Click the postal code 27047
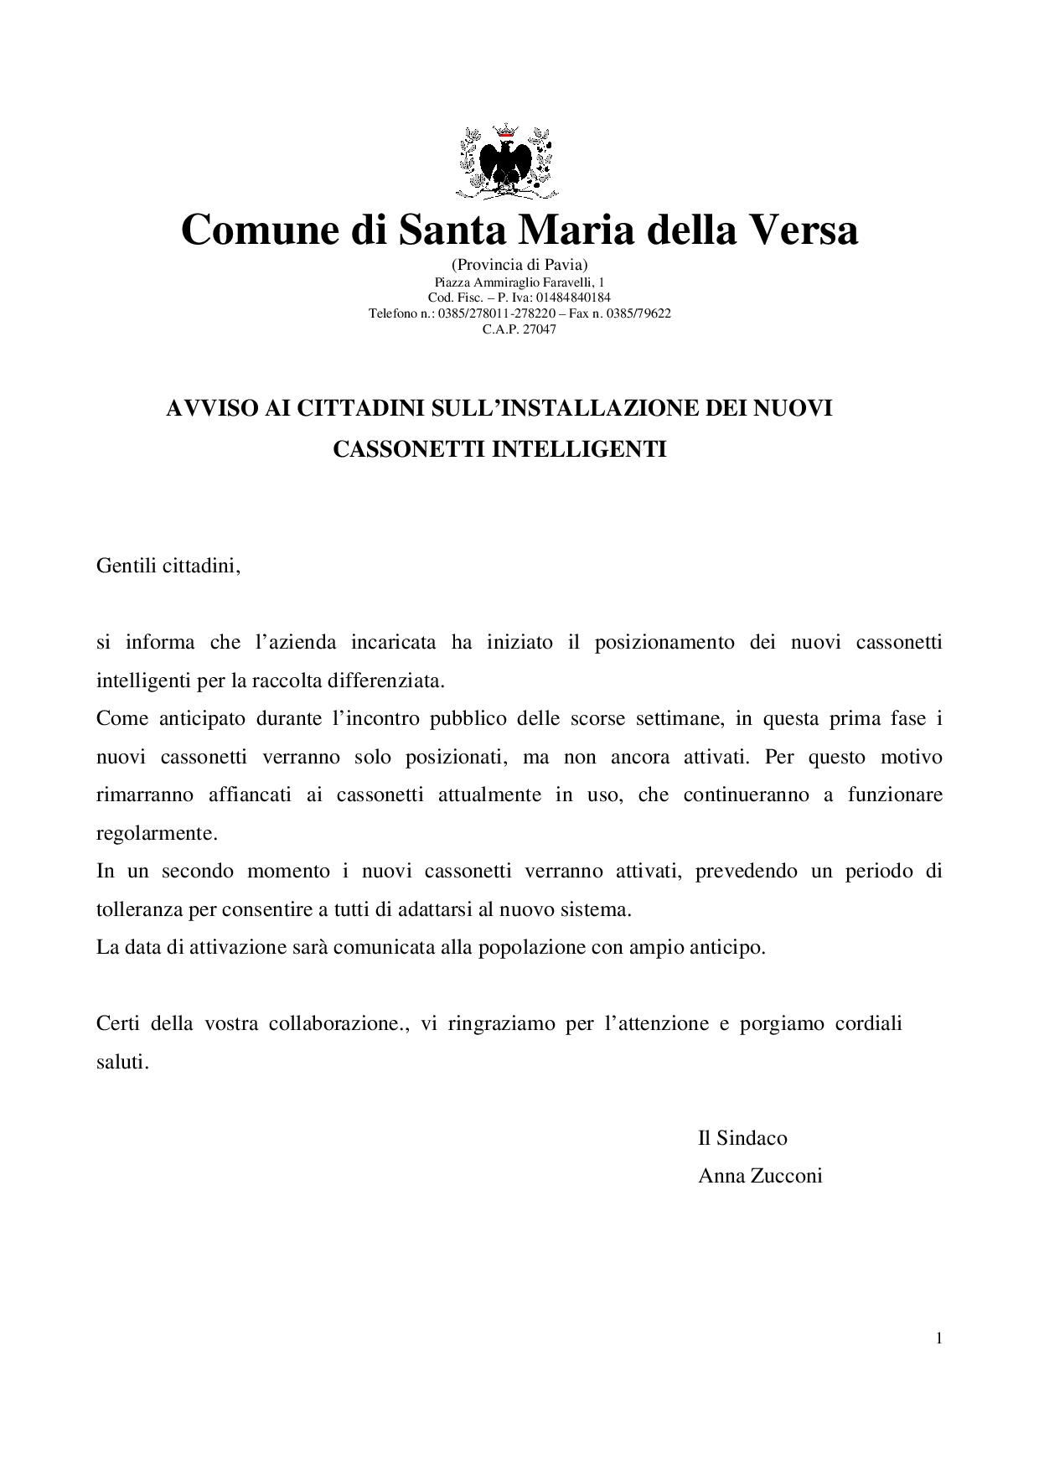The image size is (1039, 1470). click(x=540, y=329)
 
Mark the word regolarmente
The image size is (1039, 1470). click(x=157, y=834)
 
